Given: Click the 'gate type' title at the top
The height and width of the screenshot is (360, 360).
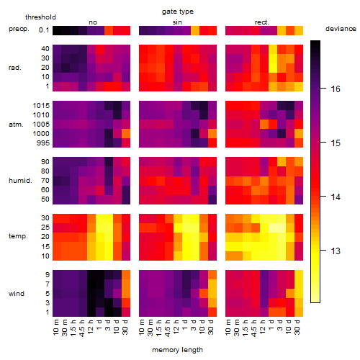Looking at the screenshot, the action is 178,12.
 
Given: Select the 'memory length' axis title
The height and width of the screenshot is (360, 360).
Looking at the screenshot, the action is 177,350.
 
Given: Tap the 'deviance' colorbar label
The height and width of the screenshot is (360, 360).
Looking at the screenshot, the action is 341,29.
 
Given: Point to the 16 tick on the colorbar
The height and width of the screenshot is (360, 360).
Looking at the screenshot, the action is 336,89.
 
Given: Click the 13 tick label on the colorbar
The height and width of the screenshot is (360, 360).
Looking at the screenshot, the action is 336,251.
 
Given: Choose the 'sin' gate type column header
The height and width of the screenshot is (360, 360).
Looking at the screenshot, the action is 177,22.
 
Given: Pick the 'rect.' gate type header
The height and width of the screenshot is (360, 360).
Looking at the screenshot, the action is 261,22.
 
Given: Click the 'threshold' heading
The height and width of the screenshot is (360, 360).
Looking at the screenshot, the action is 40,17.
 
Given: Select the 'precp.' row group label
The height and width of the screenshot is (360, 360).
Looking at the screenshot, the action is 19,29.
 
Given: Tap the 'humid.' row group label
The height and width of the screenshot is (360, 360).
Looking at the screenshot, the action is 20,181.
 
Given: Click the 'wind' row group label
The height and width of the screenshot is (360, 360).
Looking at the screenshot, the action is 17,294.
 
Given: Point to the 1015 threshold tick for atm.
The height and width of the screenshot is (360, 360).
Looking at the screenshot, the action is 41,106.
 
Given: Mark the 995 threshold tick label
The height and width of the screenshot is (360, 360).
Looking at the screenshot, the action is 43,143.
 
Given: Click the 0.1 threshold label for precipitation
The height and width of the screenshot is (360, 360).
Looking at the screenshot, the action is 44,30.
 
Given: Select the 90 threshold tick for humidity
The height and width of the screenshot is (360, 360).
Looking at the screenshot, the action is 45,162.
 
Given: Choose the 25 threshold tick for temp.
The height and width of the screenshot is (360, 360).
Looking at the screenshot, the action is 45,228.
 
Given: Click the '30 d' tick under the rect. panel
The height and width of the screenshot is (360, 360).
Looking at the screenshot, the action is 297,327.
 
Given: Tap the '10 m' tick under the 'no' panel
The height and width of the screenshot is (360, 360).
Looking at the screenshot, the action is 55,328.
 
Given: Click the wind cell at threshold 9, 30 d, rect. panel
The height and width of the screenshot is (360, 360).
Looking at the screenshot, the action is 299,275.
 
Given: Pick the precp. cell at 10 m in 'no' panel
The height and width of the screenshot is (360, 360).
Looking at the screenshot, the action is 57,30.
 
